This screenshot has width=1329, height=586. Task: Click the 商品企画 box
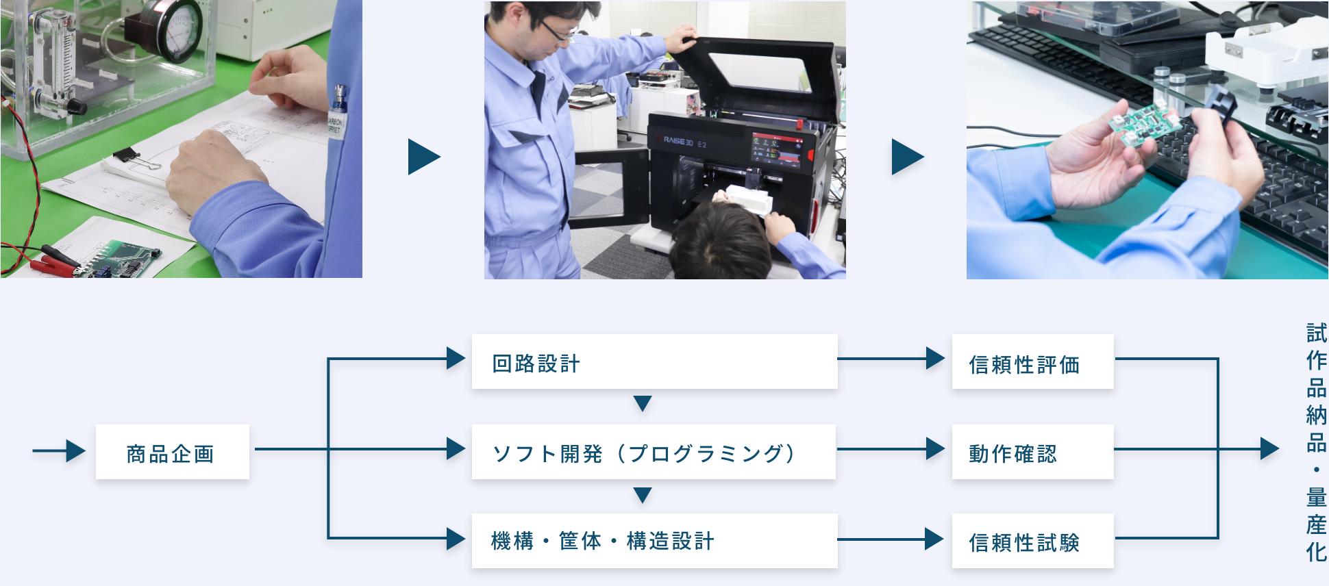pos(172,452)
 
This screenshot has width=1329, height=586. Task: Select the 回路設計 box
pos(654,361)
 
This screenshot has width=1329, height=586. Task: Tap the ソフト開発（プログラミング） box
pos(654,452)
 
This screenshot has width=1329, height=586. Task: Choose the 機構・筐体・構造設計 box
pos(654,541)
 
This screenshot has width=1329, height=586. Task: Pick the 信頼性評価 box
pos(1032,363)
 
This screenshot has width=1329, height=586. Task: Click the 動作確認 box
pos(1032,452)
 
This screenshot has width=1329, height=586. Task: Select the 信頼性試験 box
pos(1032,541)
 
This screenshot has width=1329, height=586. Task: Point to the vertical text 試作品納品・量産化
pos(1315,442)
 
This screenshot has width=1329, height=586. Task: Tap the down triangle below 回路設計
pos(642,404)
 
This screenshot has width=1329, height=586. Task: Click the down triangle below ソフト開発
pos(642,494)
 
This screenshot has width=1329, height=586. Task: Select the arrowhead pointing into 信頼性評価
pos(935,358)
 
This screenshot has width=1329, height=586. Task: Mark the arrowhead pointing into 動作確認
pos(935,448)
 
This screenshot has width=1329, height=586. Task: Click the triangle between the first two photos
pos(423,157)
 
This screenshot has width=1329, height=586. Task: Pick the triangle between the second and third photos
pos(907,157)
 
